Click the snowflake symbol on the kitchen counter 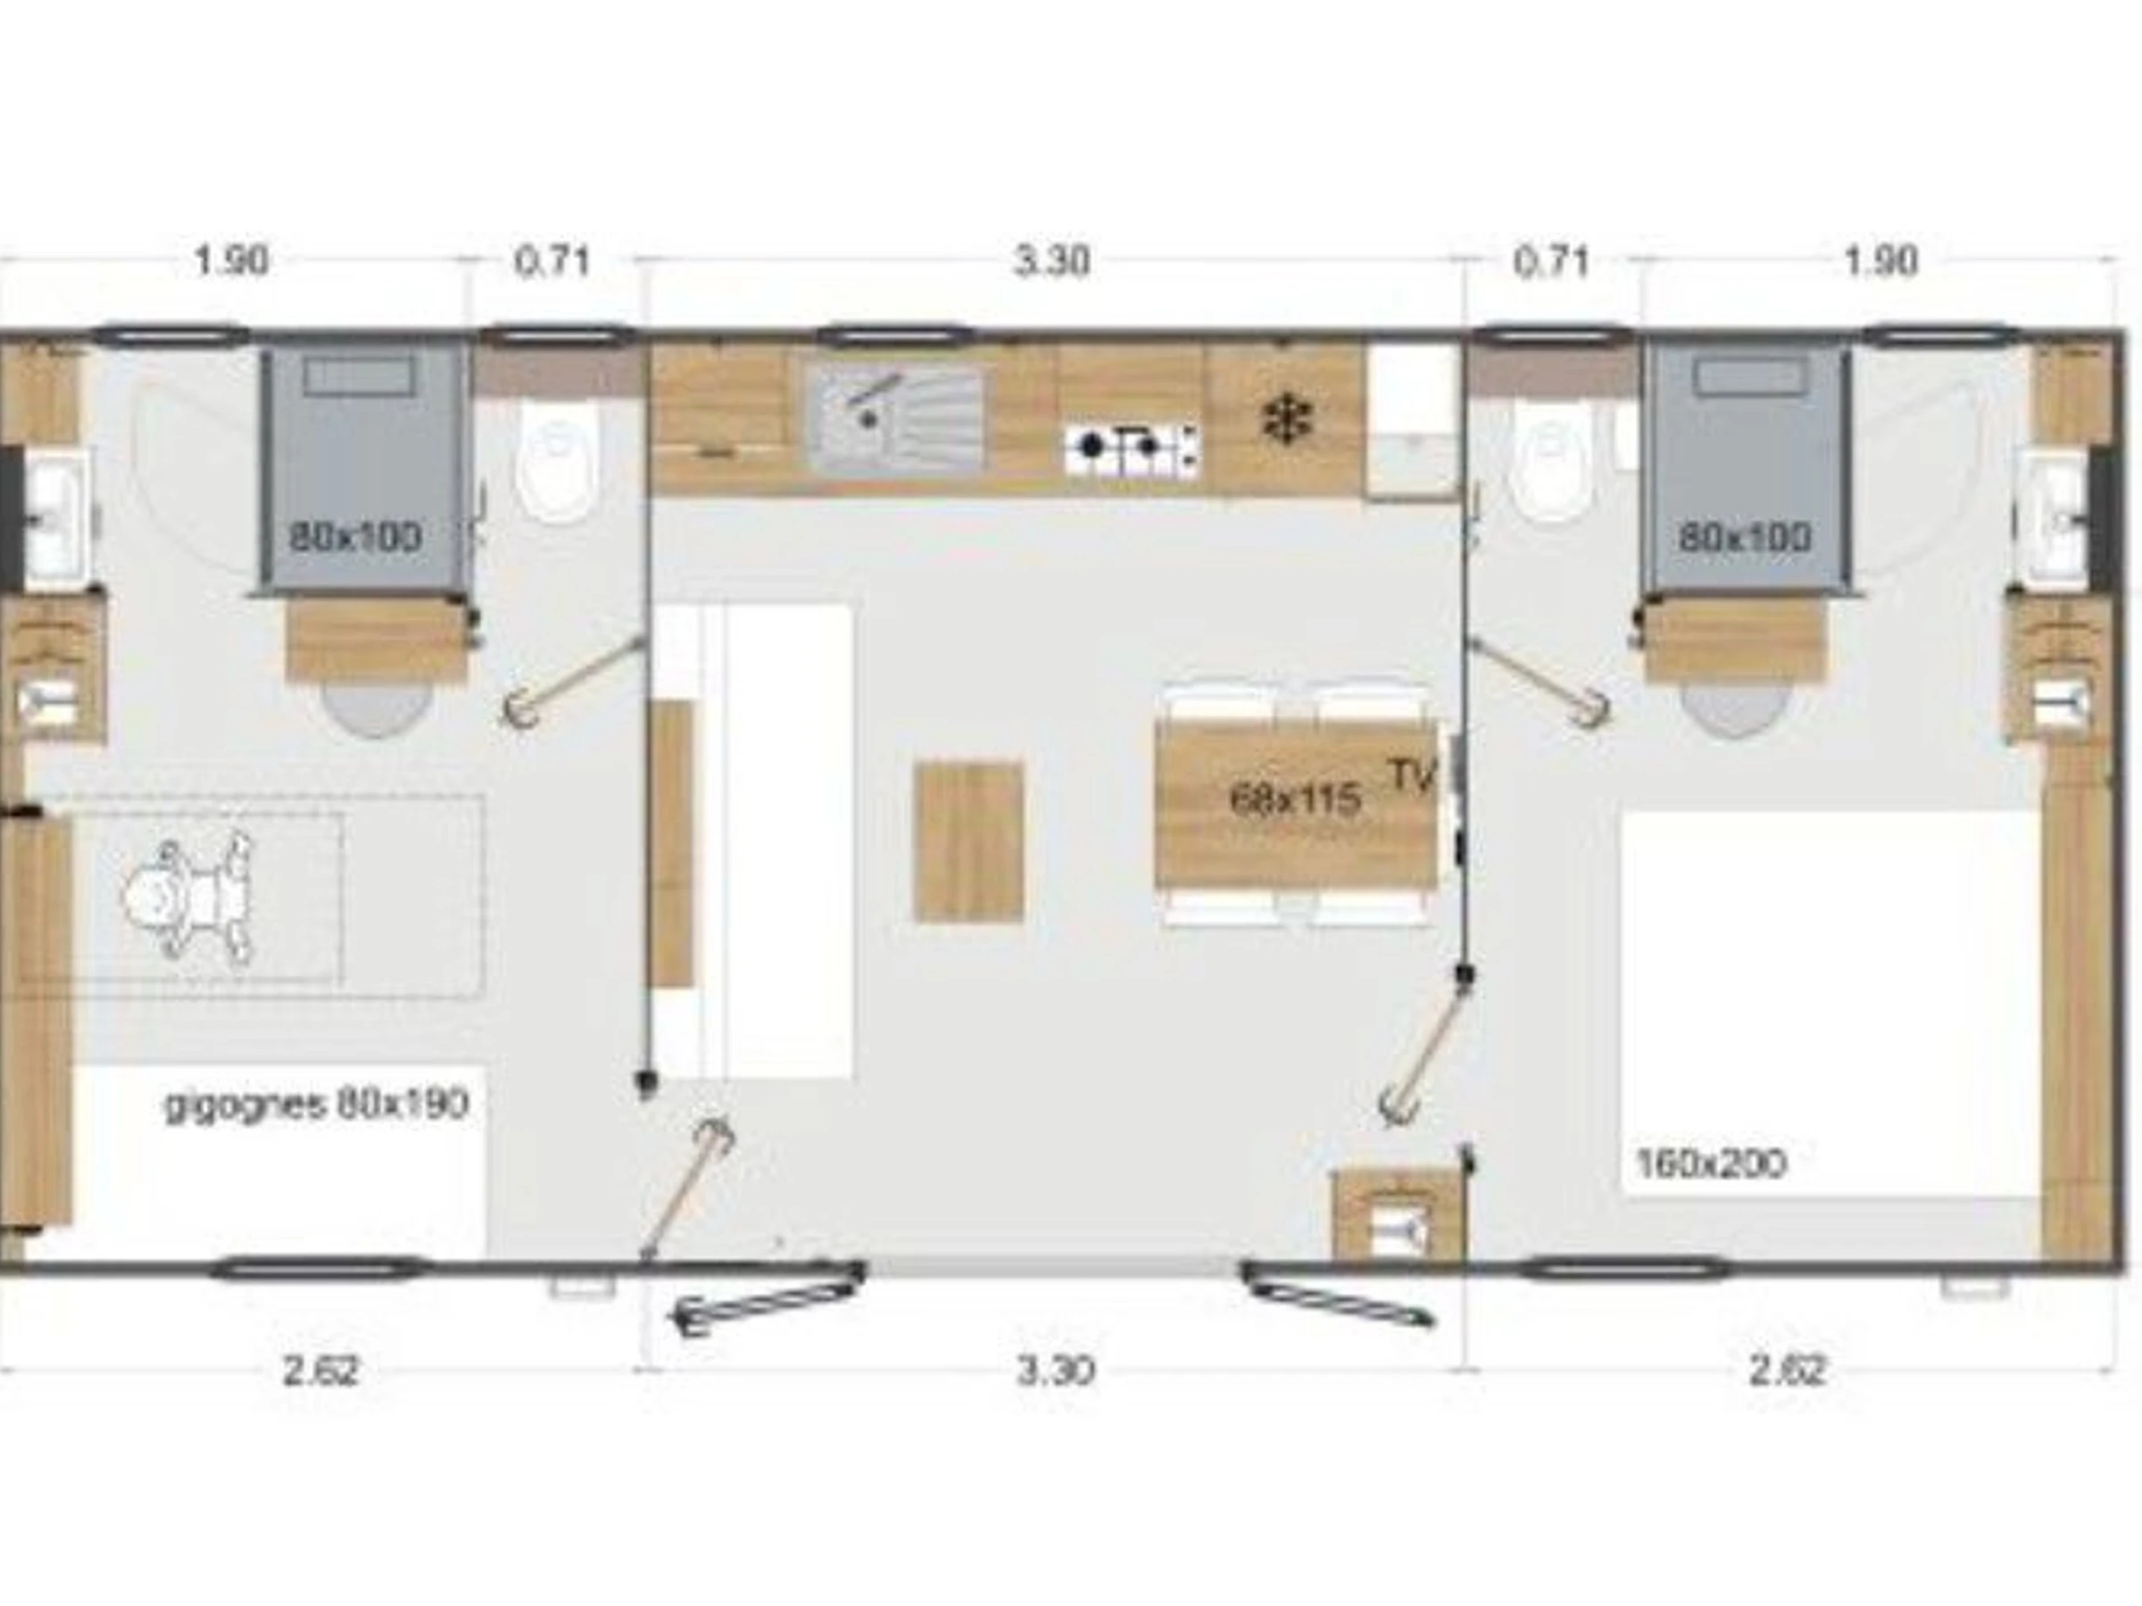pyautogui.click(x=1288, y=420)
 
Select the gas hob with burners pyautogui.click(x=1132, y=447)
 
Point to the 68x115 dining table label pyautogui.click(x=1294, y=799)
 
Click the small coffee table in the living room pyautogui.click(x=968, y=841)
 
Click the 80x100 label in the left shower pyautogui.click(x=355, y=536)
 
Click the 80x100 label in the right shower pyautogui.click(x=1745, y=537)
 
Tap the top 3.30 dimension pyautogui.click(x=1051, y=261)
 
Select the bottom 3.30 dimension pyautogui.click(x=1056, y=1370)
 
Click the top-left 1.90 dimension pyautogui.click(x=231, y=261)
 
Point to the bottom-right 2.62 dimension pyautogui.click(x=1787, y=1370)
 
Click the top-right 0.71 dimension pyautogui.click(x=1551, y=261)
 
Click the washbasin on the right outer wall pyautogui.click(x=2051, y=520)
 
